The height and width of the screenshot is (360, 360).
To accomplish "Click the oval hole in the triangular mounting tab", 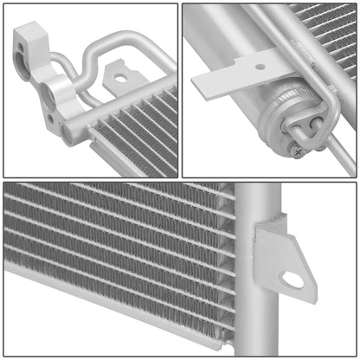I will (x=293, y=279).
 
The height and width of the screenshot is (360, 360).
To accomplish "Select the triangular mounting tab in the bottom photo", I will (x=281, y=255).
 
